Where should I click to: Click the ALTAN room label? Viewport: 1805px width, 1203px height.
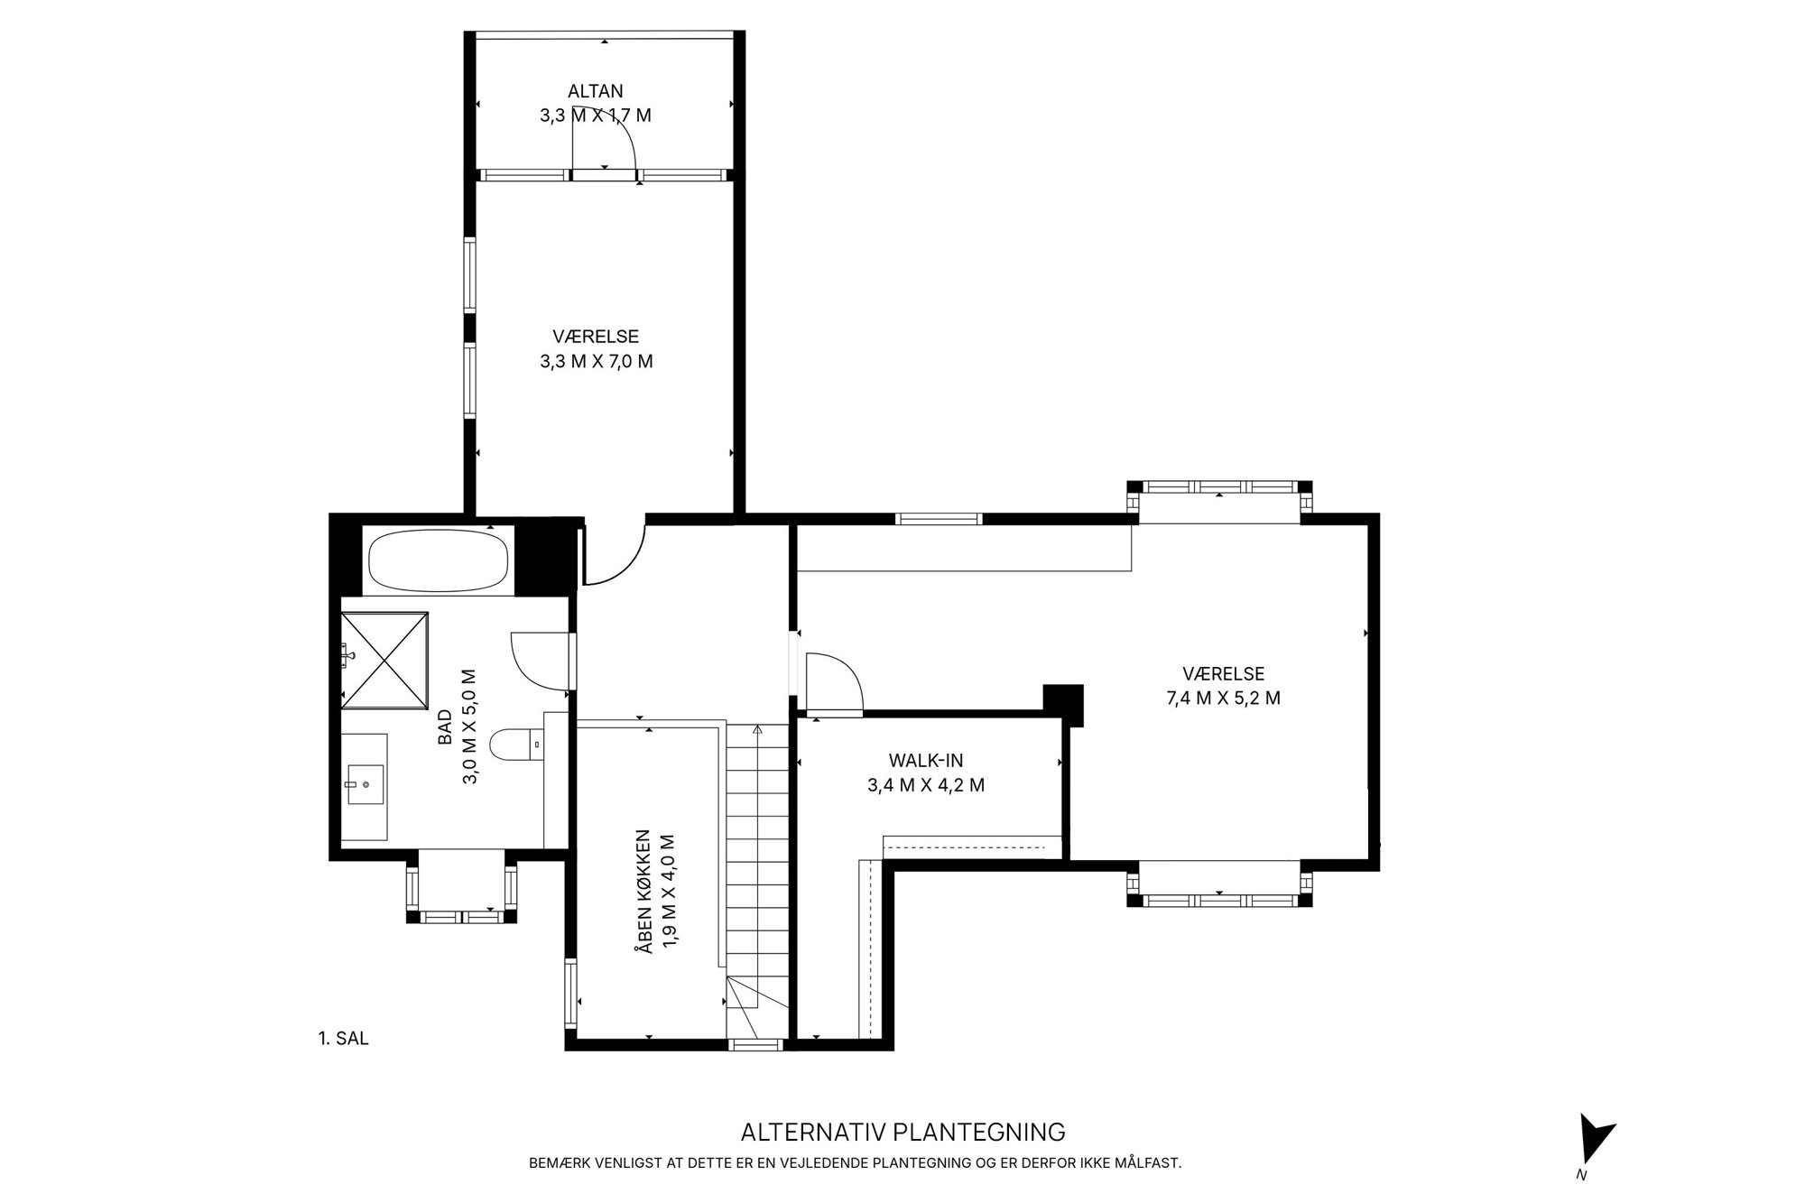(x=596, y=91)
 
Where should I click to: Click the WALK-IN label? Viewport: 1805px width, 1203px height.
(x=926, y=761)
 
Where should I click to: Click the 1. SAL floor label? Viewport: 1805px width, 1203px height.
(x=343, y=1039)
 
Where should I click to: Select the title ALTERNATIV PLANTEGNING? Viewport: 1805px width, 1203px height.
(x=902, y=1132)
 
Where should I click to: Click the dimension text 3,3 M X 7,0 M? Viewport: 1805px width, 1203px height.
(x=596, y=362)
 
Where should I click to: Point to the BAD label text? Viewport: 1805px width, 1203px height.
(x=444, y=726)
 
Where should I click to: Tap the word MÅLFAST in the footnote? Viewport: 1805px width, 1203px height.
(x=1146, y=1163)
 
